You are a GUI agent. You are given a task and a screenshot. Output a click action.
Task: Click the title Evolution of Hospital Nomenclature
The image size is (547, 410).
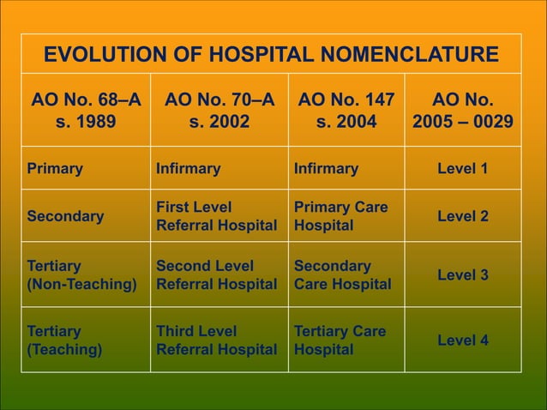point(271,56)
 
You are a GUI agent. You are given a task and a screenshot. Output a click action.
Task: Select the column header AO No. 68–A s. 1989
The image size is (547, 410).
point(86,111)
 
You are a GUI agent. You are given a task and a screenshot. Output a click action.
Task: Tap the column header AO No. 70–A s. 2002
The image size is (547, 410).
point(219,111)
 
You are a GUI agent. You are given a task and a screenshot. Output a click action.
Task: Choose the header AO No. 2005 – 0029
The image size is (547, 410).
point(463,111)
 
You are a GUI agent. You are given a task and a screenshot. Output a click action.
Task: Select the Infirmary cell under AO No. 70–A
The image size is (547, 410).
point(188,169)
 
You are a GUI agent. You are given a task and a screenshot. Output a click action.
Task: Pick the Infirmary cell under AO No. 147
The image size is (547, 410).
point(326,169)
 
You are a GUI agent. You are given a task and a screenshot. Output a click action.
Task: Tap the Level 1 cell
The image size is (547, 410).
point(463,169)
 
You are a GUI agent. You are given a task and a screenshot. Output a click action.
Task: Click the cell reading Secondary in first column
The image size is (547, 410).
point(65,216)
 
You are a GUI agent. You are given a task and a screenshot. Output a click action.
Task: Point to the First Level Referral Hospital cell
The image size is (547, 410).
point(216,216)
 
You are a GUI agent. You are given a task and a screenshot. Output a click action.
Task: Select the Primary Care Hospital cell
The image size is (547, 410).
point(340,216)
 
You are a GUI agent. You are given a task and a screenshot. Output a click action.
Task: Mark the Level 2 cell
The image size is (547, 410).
point(463,216)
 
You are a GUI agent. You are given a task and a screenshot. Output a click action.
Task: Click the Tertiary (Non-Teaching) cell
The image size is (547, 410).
point(81,275)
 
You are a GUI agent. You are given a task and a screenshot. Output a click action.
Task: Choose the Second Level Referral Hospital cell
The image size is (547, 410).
point(216,275)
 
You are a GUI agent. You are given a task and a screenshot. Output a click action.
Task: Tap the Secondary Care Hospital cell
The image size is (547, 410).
point(342,275)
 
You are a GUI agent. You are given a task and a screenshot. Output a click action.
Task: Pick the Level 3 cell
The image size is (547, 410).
point(463,275)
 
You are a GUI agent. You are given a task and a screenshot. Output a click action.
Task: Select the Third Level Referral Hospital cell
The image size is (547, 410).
point(216,341)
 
